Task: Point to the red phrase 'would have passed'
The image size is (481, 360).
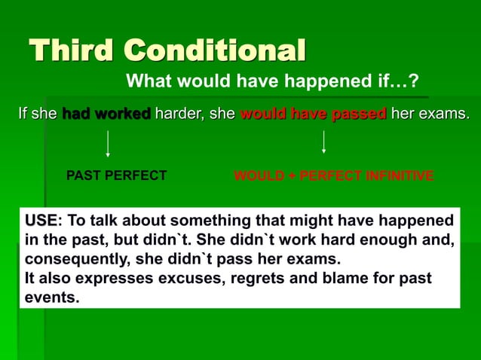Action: (313, 114)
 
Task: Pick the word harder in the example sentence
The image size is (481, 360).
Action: (177, 114)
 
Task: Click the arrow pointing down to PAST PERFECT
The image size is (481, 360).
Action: (109, 143)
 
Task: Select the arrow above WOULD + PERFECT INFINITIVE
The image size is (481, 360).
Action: (323, 142)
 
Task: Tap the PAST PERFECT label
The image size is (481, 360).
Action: (117, 176)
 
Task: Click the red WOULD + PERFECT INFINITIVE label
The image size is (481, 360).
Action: (333, 176)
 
